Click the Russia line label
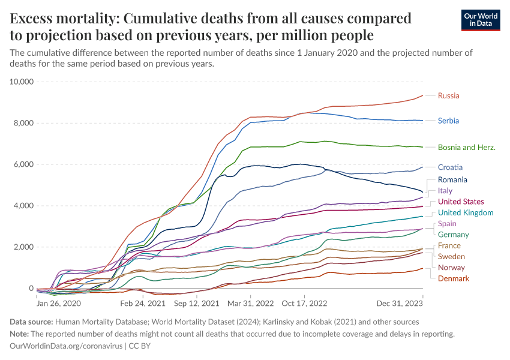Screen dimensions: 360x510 pyautogui.click(x=449, y=95)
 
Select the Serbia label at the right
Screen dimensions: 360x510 pyautogui.click(x=449, y=121)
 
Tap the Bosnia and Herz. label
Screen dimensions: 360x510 pyautogui.click(x=466, y=147)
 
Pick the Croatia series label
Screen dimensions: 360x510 pyautogui.click(x=450, y=167)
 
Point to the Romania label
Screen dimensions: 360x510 pyautogui.click(x=452, y=179)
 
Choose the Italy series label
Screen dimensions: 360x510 pyautogui.click(x=445, y=191)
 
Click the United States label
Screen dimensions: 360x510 pyautogui.click(x=461, y=202)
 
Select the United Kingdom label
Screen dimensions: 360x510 pyautogui.click(x=466, y=212)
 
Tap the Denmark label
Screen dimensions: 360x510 pyautogui.click(x=454, y=278)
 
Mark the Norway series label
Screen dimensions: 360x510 pyautogui.click(x=451, y=268)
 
